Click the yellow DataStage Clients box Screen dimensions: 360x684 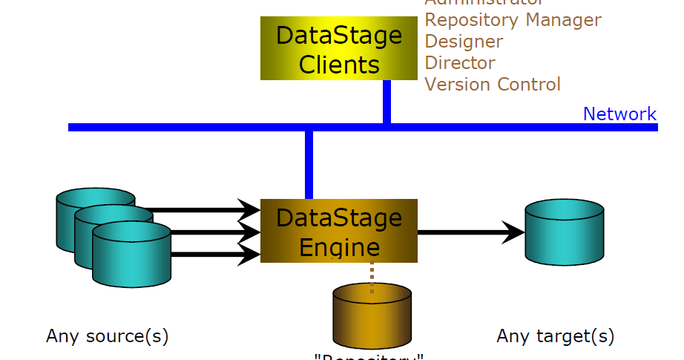click(339, 49)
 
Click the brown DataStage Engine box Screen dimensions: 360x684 click(339, 231)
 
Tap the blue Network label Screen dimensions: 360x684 click(619, 114)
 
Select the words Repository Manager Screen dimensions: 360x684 click(513, 20)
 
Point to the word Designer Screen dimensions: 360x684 click(464, 42)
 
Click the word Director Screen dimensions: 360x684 click(460, 63)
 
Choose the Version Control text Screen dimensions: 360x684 click(493, 85)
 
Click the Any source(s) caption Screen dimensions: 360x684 click(108, 336)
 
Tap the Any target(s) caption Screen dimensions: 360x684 click(556, 336)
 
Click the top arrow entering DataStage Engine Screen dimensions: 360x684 click(200, 210)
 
